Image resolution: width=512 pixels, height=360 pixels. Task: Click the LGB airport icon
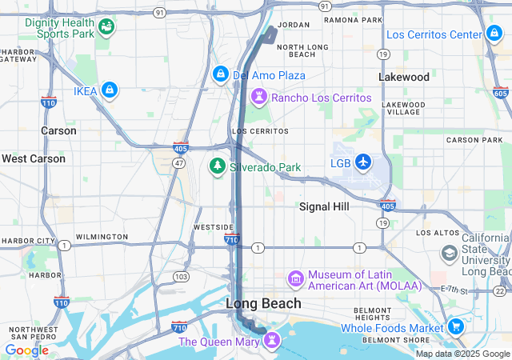point(363,162)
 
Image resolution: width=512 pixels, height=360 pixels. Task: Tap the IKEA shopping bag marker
point(110,91)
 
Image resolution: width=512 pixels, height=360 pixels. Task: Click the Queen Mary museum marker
point(273,341)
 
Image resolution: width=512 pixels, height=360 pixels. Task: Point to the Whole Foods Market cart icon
point(456,326)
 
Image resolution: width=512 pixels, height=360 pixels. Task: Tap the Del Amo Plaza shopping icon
point(220,74)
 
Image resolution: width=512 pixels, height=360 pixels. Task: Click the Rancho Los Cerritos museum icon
point(259,98)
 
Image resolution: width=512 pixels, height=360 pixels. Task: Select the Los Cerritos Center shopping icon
point(494,34)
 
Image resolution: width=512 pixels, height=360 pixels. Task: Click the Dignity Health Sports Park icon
point(106,29)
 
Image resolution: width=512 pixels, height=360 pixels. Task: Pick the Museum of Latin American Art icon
point(296,279)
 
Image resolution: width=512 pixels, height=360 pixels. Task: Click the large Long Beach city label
point(263,303)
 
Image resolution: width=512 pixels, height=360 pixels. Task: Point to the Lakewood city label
point(403,78)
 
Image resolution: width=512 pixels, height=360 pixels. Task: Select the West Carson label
point(34,158)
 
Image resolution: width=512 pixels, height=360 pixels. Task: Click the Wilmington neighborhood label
point(102,237)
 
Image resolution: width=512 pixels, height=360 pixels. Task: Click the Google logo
point(26,350)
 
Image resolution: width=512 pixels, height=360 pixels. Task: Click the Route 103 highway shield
point(182,276)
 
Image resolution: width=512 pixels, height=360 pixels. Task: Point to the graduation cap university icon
point(450,253)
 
